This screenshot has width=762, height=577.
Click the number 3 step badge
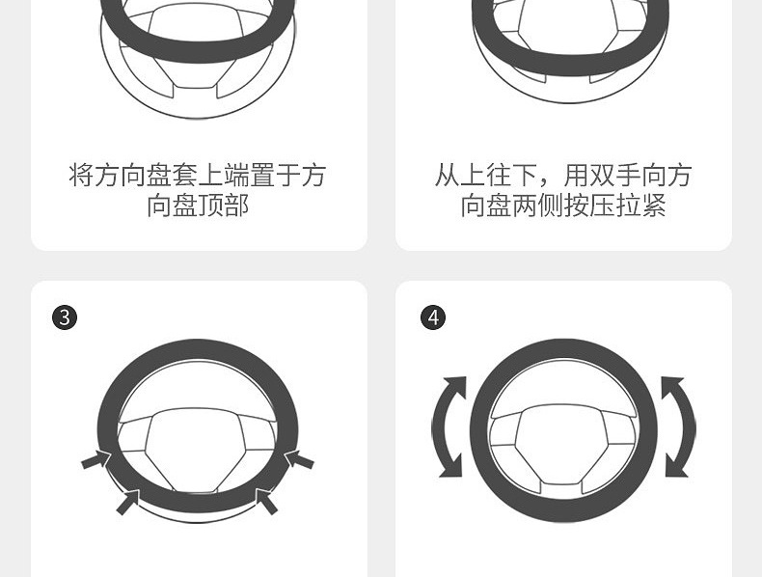click(65, 317)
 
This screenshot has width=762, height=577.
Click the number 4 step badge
click(433, 317)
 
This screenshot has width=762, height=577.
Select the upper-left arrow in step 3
click(96, 459)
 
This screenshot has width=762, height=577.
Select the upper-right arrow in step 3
click(299, 459)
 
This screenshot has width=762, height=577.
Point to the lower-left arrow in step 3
click(128, 502)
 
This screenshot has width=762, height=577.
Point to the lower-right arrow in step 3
click(266, 502)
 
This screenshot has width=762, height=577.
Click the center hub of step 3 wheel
click(197, 448)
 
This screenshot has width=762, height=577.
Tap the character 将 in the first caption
click(81, 176)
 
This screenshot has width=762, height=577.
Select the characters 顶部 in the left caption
click(224, 206)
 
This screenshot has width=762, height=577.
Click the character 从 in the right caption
click(447, 176)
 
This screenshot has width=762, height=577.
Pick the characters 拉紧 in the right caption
click(640, 206)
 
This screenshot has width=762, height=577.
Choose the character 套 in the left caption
click(184, 176)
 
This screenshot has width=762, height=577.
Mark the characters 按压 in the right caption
click(589, 206)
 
